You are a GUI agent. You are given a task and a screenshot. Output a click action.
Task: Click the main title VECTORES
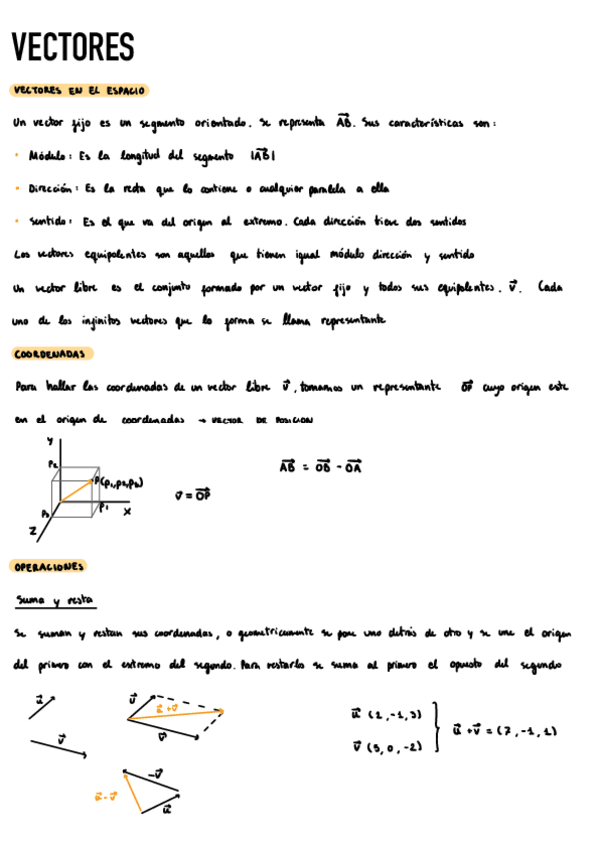[x=73, y=48]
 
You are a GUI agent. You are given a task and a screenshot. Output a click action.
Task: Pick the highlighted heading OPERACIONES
[x=49, y=567]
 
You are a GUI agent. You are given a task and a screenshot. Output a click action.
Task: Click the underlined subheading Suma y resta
[x=54, y=600]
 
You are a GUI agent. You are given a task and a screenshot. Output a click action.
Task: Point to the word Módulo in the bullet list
[x=47, y=156]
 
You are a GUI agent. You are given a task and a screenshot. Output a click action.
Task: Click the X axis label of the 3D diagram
[x=127, y=511]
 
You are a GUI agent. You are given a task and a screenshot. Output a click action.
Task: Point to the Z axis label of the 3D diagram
[x=33, y=532]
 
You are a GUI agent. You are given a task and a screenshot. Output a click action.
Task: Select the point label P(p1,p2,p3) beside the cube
[x=120, y=483]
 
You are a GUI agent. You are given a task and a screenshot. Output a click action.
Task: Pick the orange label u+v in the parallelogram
[x=166, y=708]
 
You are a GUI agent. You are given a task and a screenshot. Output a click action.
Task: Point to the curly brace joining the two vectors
[x=436, y=729]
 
